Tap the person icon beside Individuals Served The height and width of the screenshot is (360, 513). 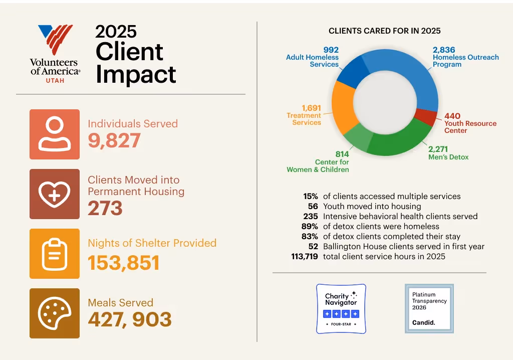pos(55,134)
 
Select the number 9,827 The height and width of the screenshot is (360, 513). pos(114,141)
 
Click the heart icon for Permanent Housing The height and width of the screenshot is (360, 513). pos(55,194)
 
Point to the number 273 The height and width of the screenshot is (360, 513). pos(105,208)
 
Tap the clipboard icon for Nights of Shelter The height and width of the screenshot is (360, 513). pos(55,254)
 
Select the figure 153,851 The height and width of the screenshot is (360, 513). pos(124,263)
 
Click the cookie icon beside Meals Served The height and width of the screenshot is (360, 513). pos(55,313)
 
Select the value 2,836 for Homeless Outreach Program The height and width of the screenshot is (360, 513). pos(443,50)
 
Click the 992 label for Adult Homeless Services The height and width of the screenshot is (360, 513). pos(331,50)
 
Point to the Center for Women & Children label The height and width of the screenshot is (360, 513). pos(318,165)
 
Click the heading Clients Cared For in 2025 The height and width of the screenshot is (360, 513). pos(384,31)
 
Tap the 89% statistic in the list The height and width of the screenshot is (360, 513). pos(311,227)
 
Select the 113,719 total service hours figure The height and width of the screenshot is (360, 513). pos(305,257)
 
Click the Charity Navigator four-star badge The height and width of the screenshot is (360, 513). pos(341,308)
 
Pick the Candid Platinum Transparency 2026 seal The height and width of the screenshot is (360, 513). pos(429,308)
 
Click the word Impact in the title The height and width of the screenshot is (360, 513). pos(136,74)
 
